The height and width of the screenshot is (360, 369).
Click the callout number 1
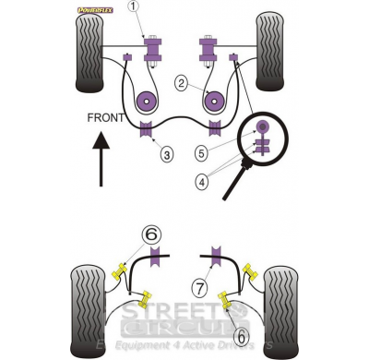point(133,7)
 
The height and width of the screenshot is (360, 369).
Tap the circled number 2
point(183,84)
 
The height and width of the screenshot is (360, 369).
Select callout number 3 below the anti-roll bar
point(167,153)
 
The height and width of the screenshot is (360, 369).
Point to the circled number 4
point(201,182)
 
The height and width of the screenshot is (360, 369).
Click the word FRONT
point(108,119)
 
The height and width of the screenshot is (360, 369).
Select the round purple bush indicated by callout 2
point(145,99)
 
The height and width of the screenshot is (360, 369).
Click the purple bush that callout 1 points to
point(150,46)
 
